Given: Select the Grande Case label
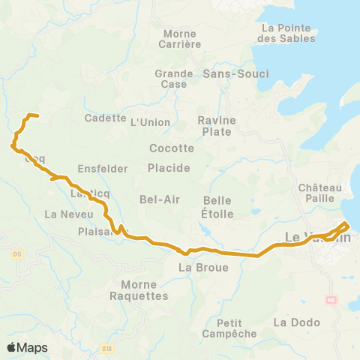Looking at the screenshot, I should click(173, 79).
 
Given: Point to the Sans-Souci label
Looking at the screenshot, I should click(236, 73).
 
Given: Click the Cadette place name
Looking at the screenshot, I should click(105, 118).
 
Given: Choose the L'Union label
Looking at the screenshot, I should click(146, 122).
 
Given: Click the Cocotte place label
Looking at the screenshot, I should click(172, 148).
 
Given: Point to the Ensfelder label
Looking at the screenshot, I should click(103, 169).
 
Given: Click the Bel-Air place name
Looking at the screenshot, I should click(157, 199).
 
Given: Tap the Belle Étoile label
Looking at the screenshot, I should click(218, 207).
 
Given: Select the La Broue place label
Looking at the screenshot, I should click(198, 266).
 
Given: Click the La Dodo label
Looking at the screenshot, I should click(296, 322).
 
